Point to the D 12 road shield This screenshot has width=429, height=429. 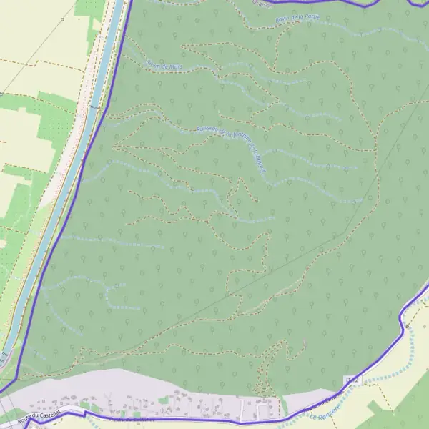pos(350,379)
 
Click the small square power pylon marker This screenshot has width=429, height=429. pos(62,19)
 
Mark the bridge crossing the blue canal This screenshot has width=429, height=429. pos(94,107)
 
